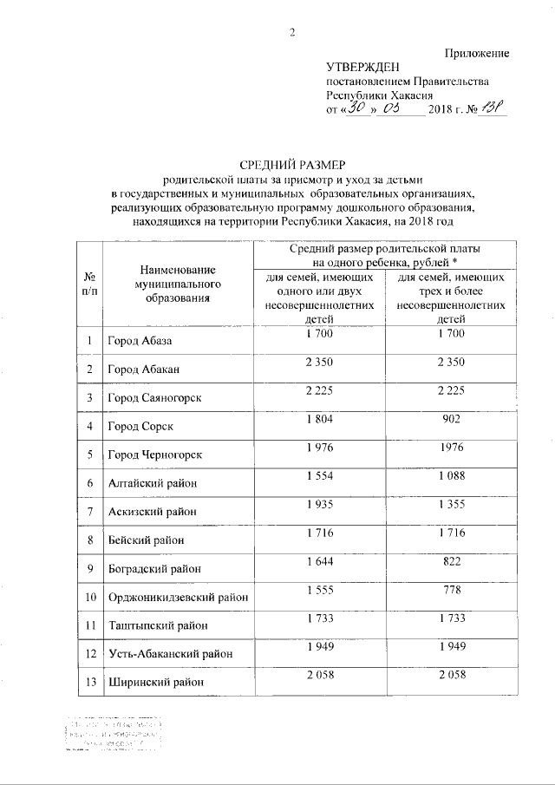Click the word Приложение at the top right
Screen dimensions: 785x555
click(475, 55)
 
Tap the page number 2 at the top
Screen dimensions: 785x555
click(292, 34)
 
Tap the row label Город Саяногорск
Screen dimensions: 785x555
click(153, 398)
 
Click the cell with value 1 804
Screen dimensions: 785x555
click(320, 420)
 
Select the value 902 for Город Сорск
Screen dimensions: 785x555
click(451, 420)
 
